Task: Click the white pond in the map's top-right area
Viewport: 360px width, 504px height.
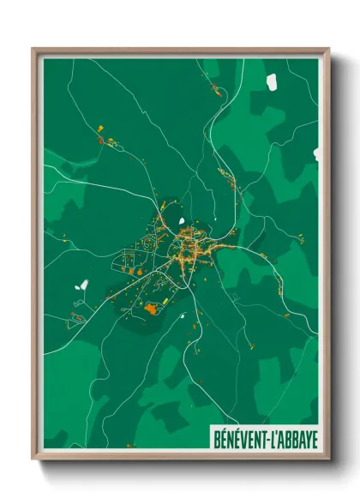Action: [272, 81]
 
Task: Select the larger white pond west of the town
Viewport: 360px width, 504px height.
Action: [83, 285]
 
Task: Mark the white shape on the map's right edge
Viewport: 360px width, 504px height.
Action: [315, 154]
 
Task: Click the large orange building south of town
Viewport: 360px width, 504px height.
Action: [152, 308]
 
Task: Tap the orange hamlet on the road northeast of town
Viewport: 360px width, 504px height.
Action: [227, 177]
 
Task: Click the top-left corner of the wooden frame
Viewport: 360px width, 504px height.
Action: [33, 49]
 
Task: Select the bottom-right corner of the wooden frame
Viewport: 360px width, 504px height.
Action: [328, 459]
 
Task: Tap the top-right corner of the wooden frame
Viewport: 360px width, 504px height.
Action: [328, 49]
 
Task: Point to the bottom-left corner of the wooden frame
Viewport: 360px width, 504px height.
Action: [33, 459]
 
